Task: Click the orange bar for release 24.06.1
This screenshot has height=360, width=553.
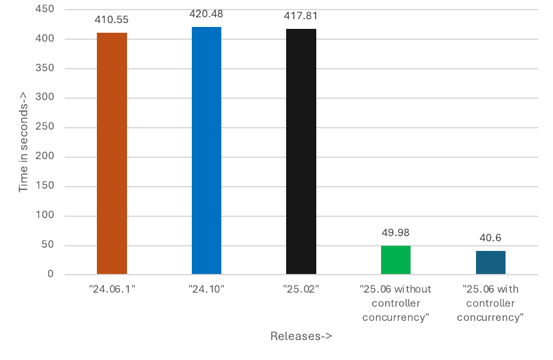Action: (112, 154)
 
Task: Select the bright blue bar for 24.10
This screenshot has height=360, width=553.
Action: (207, 151)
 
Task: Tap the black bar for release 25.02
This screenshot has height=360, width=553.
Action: (301, 152)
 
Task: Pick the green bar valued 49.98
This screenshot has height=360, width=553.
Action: (396, 260)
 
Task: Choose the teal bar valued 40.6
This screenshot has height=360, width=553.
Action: (491, 262)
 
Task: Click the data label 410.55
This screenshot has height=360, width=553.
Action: (112, 19)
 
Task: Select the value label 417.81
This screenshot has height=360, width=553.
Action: (301, 15)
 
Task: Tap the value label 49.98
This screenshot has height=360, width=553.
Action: (396, 232)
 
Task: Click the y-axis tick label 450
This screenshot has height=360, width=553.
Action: (45, 10)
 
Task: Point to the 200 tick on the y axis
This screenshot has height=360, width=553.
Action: (45, 157)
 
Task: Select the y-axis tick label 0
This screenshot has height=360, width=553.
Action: (50, 275)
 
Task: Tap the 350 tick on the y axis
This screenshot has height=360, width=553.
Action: (45, 69)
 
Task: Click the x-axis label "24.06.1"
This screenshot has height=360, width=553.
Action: (112, 289)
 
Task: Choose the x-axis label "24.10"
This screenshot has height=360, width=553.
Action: (207, 289)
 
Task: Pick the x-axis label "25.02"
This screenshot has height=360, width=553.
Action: (301, 289)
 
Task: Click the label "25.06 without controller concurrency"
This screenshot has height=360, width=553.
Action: (396, 303)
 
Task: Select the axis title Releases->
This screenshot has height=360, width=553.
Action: (301, 336)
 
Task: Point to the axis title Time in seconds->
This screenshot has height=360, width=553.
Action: (23, 142)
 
